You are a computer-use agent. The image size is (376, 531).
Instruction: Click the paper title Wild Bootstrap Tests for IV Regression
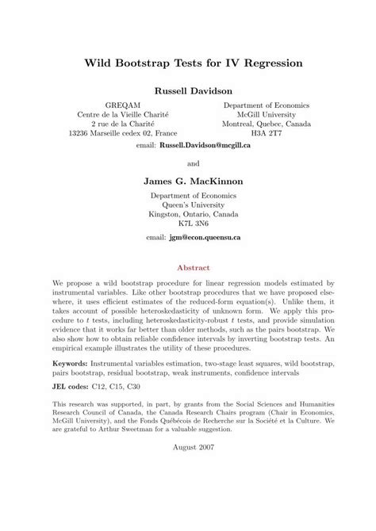click(x=188, y=61)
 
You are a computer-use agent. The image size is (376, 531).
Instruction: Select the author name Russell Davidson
click(x=187, y=90)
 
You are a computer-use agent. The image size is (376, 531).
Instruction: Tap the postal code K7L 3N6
click(x=188, y=224)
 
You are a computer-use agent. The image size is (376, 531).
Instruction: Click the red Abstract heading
click(x=188, y=268)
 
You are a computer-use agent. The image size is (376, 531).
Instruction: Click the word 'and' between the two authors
click(x=188, y=164)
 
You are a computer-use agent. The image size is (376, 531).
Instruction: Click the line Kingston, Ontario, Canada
click(x=188, y=214)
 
